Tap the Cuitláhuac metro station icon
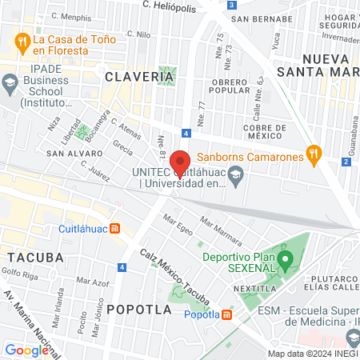tap(114, 228)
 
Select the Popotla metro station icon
tap(227, 314)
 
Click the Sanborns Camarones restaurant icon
tap(314, 156)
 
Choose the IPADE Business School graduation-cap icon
tap(10, 82)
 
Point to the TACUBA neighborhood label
tap(35, 257)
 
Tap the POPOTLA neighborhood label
tap(134, 308)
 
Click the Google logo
tap(27, 350)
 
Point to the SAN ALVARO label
tap(71, 152)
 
